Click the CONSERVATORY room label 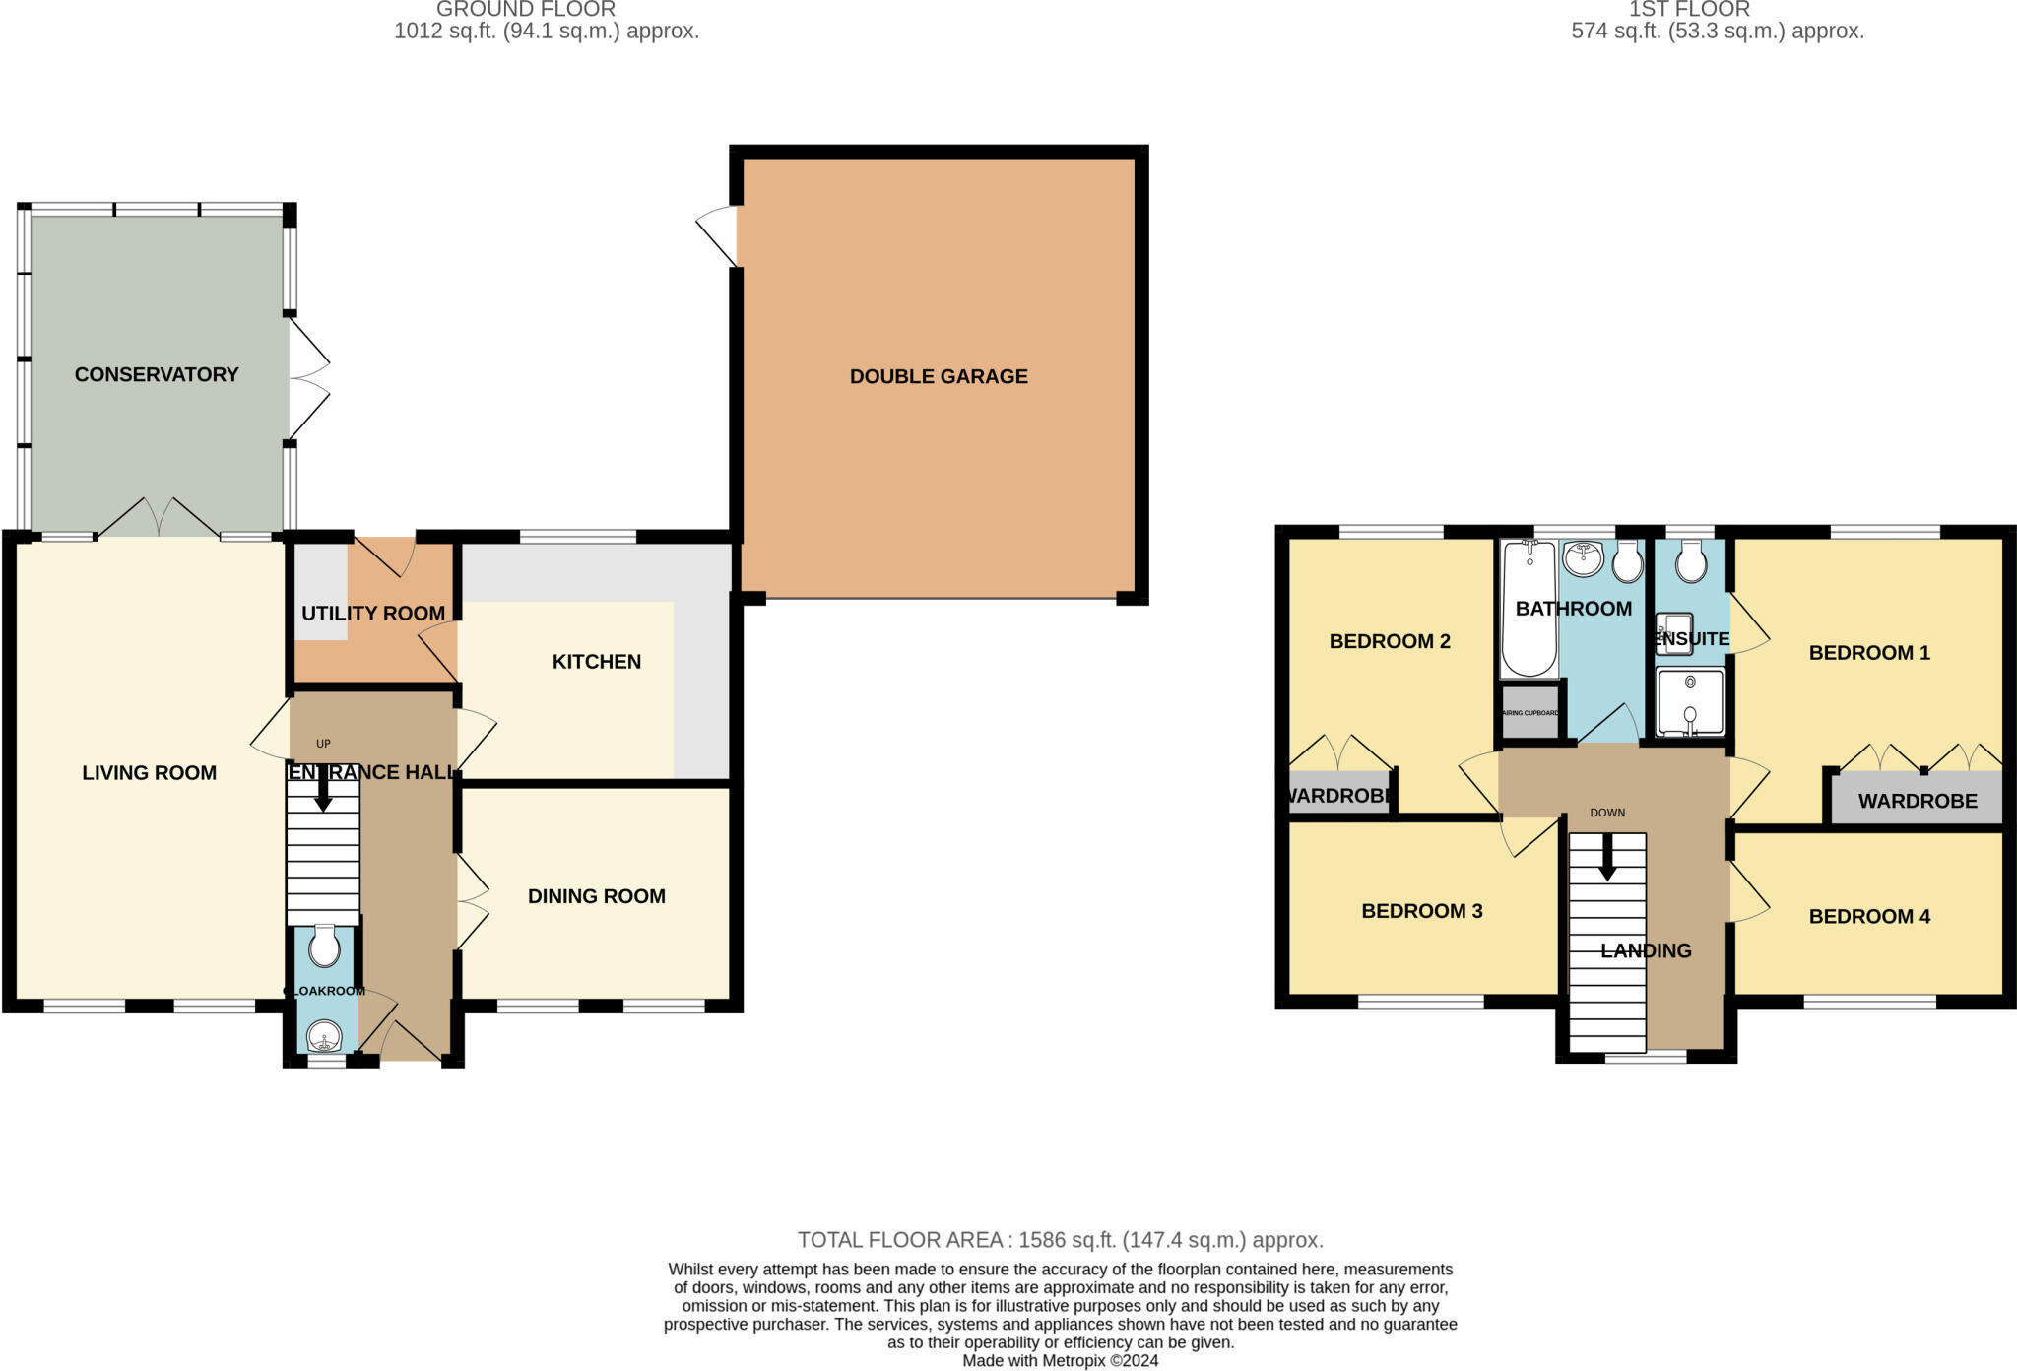pyautogui.click(x=157, y=374)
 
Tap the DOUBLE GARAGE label pyautogui.click(x=939, y=376)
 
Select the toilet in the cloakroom pyautogui.click(x=324, y=948)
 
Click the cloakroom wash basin pyautogui.click(x=324, y=1037)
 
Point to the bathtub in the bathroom pyautogui.click(x=1529, y=611)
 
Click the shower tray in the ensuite pyautogui.click(x=1690, y=702)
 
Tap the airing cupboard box pyautogui.click(x=1529, y=712)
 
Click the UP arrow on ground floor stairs pyautogui.click(x=322, y=788)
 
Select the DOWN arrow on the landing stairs pyautogui.click(x=1607, y=857)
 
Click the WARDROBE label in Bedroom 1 pyautogui.click(x=1918, y=801)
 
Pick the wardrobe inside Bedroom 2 pyautogui.click(x=1338, y=795)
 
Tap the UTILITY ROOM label pyautogui.click(x=373, y=613)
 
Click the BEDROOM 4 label pyautogui.click(x=1869, y=916)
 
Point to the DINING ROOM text pyautogui.click(x=596, y=896)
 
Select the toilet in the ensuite pyautogui.click(x=1690, y=564)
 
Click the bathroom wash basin pyautogui.click(x=1583, y=558)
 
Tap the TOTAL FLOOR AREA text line pyautogui.click(x=1060, y=1240)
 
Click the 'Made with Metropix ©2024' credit pyautogui.click(x=1060, y=1361)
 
